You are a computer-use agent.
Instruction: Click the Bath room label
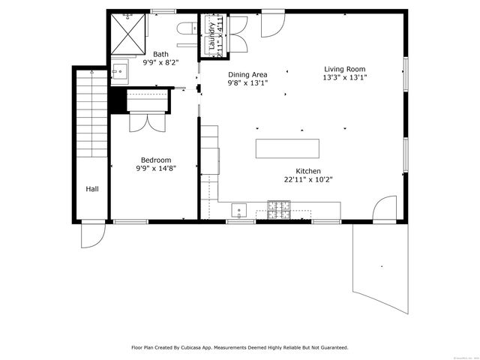pos(161,54)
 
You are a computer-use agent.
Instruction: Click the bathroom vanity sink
pos(119,72)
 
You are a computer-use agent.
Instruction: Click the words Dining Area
pos(247,74)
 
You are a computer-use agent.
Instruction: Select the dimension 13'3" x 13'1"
pos(345,77)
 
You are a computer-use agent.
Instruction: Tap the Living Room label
pos(345,68)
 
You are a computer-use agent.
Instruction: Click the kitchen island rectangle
pos(288,148)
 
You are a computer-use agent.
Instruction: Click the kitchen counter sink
pos(239,208)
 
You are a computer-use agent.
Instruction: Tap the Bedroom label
pos(156,160)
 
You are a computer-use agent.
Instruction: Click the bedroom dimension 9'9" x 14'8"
pos(156,169)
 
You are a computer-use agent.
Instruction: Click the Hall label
pos(91,189)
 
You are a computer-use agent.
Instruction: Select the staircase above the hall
pos(91,112)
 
